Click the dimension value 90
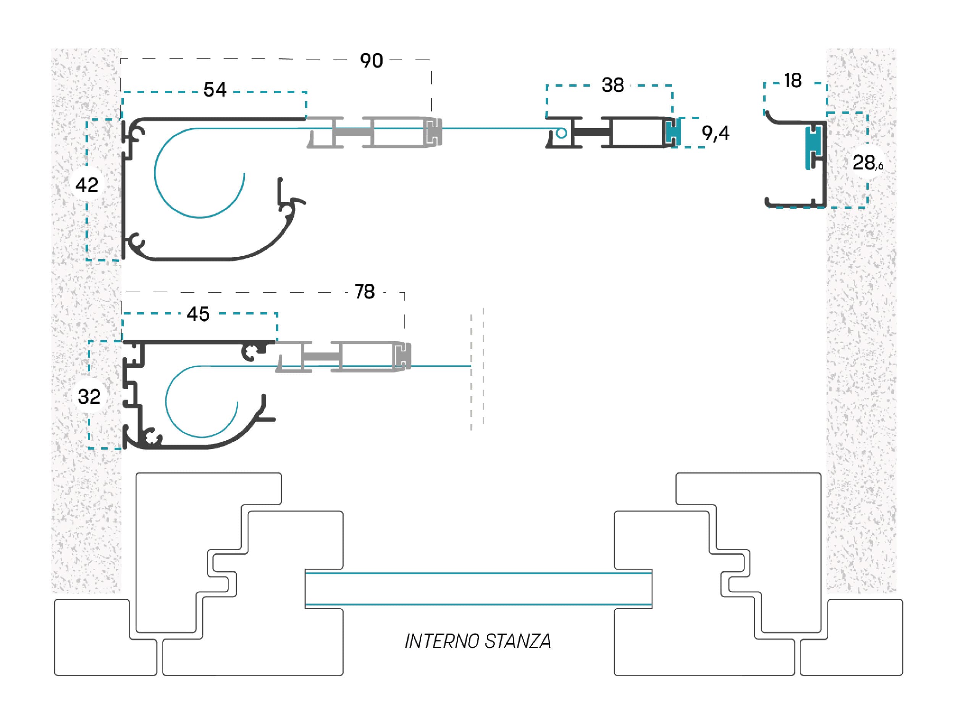[371, 61]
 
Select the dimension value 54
[215, 90]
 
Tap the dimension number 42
[87, 185]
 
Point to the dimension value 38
[612, 85]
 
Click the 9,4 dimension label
[715, 133]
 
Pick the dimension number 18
[793, 81]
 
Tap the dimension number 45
[198, 314]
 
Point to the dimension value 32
[89, 397]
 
